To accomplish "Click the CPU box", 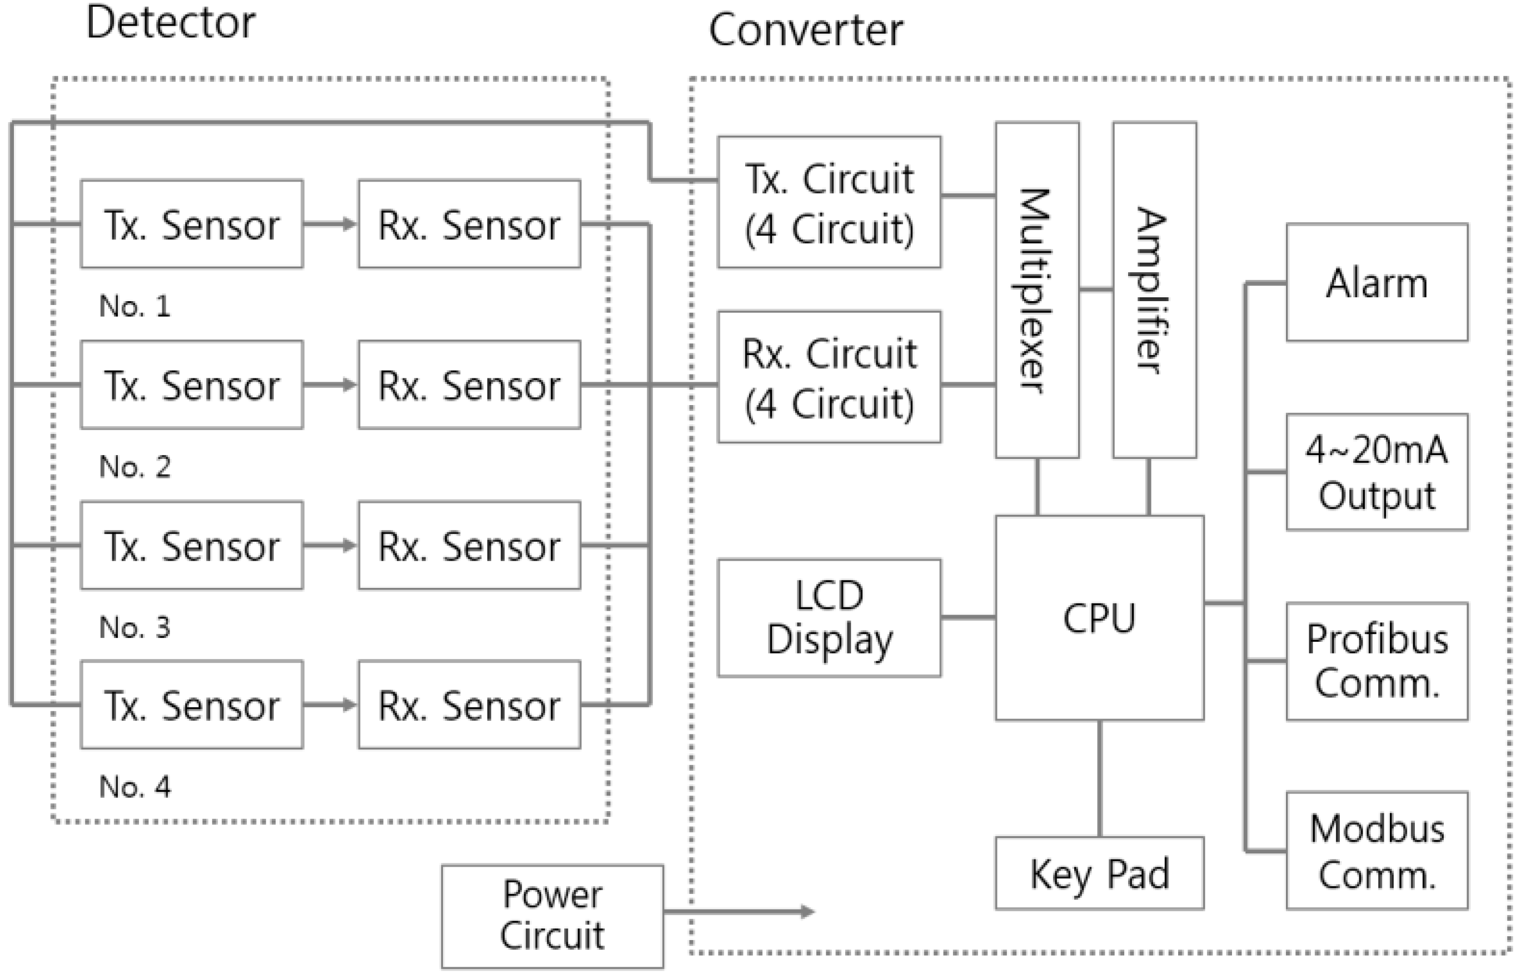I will click(1099, 618).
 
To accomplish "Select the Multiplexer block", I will click(1037, 290).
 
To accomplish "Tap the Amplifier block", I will click(1154, 290).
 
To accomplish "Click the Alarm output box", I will click(1377, 283).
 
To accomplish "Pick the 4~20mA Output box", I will click(1377, 472).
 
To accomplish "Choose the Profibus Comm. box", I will click(1377, 661).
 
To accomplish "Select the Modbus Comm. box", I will click(1377, 851).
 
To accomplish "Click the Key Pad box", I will click(1099, 873).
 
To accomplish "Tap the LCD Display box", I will click(829, 618).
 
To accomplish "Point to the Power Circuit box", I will click(552, 916).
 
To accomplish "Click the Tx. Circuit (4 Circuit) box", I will click(829, 202).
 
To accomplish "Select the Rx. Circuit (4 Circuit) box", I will click(829, 377).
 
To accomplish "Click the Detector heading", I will click(171, 23).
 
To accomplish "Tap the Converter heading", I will click(805, 30).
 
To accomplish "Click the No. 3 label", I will click(134, 627).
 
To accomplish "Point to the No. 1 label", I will click(134, 306).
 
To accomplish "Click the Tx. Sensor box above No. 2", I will click(191, 384).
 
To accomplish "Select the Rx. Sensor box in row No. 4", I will click(469, 705).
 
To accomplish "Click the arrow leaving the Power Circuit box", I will click(739, 912).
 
